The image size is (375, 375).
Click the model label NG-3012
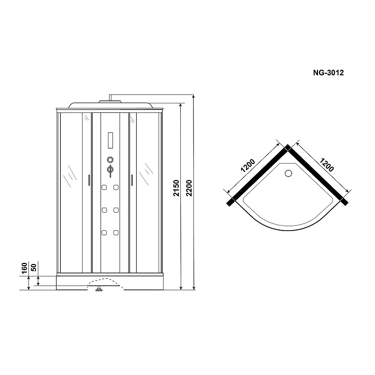[328, 73]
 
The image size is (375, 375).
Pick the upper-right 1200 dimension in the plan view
[326, 163]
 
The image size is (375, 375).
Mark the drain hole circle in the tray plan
[288, 173]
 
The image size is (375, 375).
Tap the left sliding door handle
[88, 180]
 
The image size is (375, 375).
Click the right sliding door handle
[132, 180]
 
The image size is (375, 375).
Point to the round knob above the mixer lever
[110, 159]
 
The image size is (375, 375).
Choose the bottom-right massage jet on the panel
[116, 233]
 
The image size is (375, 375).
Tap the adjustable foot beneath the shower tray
[99, 289]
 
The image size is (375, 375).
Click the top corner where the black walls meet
[288, 147]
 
